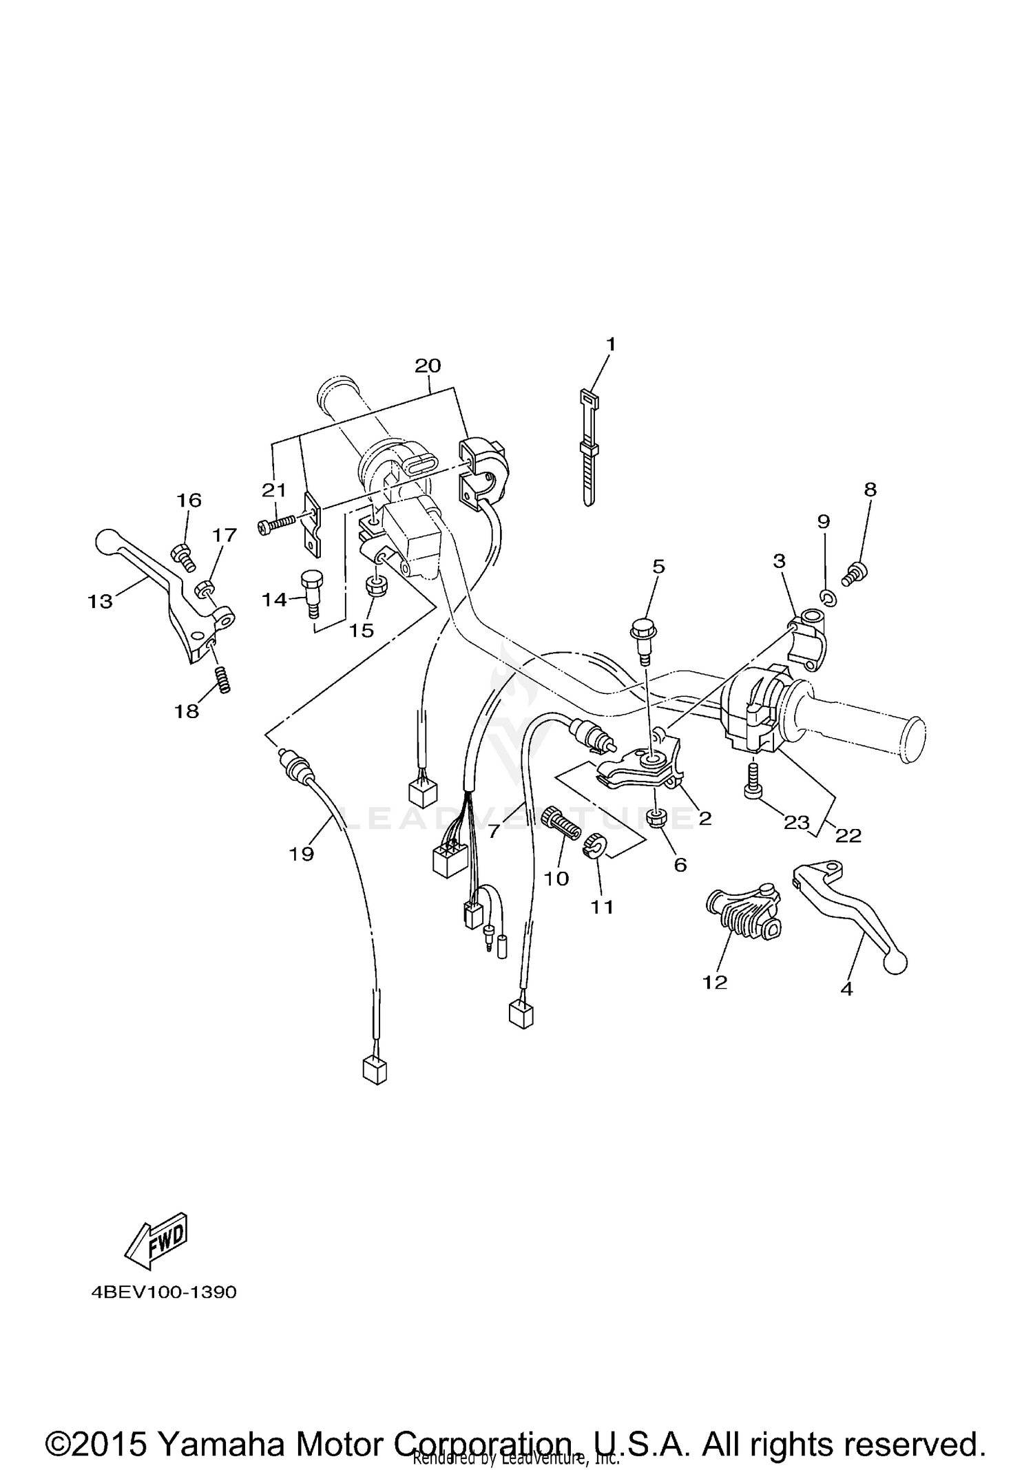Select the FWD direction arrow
point(156,1241)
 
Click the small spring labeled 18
point(224,680)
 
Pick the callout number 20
point(428,366)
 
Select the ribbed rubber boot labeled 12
point(744,912)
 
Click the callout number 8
point(870,490)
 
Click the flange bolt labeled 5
point(643,636)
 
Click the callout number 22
point(848,835)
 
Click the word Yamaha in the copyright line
point(221,1426)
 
